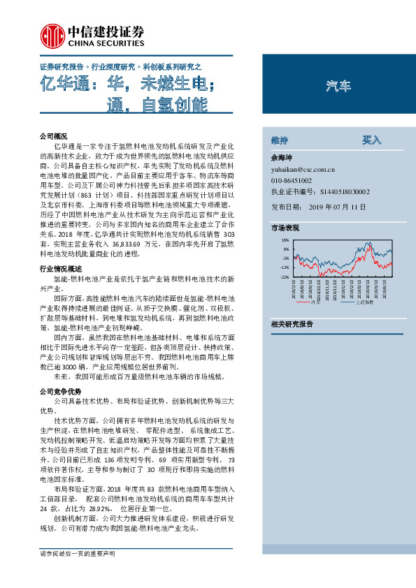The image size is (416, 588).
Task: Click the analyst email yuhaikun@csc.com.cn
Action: (x=303, y=169)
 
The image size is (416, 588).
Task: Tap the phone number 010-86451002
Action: (x=292, y=179)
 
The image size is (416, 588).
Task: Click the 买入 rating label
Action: (x=371, y=140)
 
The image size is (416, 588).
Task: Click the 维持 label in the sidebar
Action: (x=279, y=140)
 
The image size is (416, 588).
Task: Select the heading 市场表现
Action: (x=285, y=228)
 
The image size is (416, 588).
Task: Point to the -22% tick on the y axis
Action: (x=285, y=277)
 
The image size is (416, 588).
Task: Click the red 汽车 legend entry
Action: (x=307, y=302)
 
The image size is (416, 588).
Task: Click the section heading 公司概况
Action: (x=53, y=135)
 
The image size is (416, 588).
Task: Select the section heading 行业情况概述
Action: (x=61, y=268)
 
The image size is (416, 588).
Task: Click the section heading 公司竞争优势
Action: (x=61, y=390)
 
